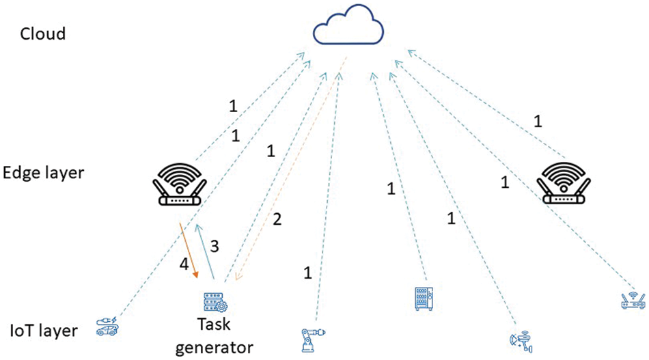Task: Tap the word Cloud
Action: point(42,33)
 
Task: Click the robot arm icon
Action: point(312,338)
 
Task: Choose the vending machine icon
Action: point(424,299)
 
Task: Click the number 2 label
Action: point(277,219)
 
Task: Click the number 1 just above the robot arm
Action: point(307,274)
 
